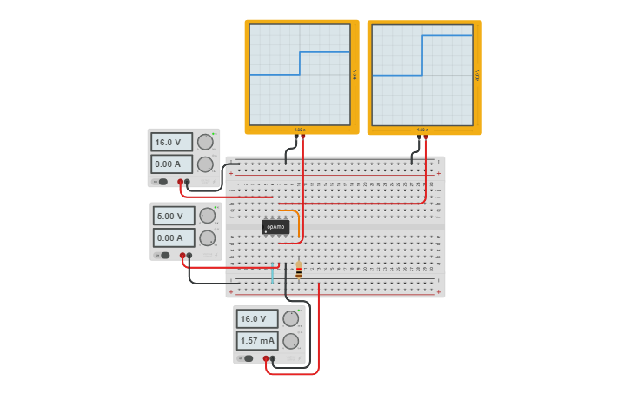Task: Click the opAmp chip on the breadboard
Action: click(275, 227)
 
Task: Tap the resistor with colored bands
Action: click(299, 270)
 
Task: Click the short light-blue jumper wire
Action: click(272, 274)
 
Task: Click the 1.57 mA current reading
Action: click(257, 341)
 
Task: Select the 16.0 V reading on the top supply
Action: click(171, 143)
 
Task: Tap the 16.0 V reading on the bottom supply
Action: click(257, 319)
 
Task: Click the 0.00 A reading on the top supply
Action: click(171, 164)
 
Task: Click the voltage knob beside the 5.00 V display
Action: click(207, 216)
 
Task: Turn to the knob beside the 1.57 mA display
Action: click(291, 341)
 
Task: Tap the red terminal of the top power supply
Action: click(181, 182)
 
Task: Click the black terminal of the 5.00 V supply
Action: click(189, 256)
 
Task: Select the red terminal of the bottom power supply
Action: click(266, 358)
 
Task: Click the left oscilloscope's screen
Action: click(300, 74)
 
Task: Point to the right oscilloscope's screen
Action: click(422, 74)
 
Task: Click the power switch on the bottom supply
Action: click(248, 357)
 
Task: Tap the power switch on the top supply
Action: click(162, 182)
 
